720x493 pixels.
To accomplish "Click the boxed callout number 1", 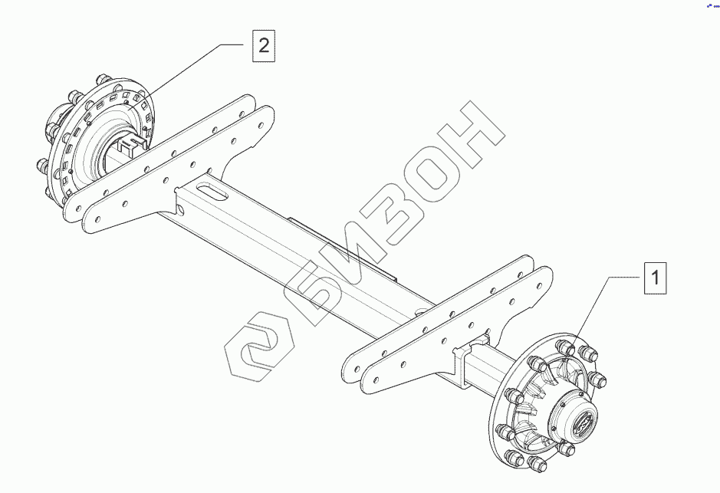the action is (x=655, y=278).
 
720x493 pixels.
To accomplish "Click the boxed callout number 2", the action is (x=263, y=46).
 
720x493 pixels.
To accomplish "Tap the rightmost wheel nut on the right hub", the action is (x=599, y=381).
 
